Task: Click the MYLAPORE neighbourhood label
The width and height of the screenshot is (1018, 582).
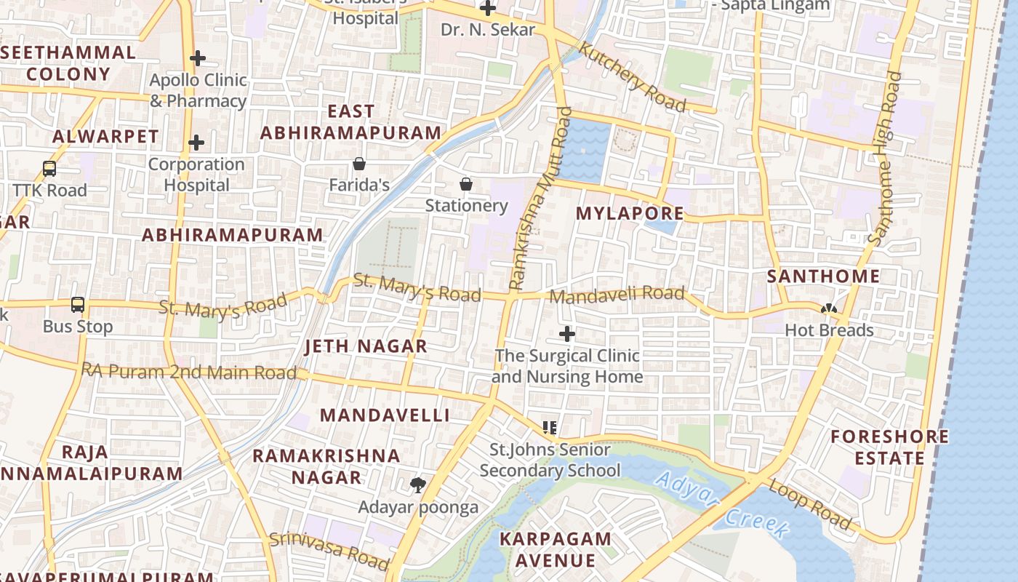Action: click(x=630, y=213)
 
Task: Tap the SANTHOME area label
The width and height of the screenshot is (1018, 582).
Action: click(x=823, y=276)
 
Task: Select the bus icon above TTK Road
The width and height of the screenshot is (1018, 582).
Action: click(x=49, y=169)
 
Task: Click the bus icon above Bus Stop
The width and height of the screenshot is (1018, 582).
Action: click(x=78, y=305)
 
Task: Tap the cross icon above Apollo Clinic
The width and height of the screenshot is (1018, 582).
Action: click(x=197, y=58)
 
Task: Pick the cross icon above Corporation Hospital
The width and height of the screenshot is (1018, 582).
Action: click(x=196, y=143)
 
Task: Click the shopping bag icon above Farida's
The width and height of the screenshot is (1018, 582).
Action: click(x=358, y=164)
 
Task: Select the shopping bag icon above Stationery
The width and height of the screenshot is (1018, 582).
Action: click(x=466, y=184)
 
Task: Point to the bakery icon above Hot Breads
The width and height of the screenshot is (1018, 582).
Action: click(x=828, y=309)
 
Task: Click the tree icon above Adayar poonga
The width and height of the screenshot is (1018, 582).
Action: click(x=418, y=485)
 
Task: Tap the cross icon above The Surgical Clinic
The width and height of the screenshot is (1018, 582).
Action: click(x=567, y=334)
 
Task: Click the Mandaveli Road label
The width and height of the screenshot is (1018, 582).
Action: click(x=617, y=295)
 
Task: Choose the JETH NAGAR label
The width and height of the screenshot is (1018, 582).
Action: click(x=366, y=346)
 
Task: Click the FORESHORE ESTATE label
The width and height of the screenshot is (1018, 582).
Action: click(x=889, y=447)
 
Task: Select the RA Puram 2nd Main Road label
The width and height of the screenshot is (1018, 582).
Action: click(x=189, y=372)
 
